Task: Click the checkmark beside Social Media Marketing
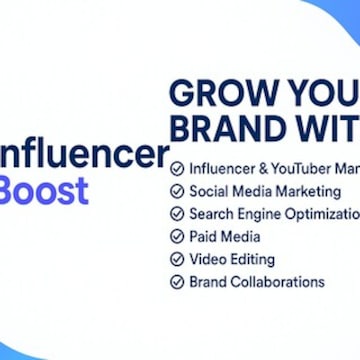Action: pyautogui.click(x=177, y=191)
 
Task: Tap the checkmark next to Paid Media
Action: pyautogui.click(x=177, y=237)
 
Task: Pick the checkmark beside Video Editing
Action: pyautogui.click(x=177, y=259)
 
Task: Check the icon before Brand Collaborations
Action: pyautogui.click(x=177, y=282)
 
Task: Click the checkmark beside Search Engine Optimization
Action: pyautogui.click(x=177, y=214)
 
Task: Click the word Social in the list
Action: pyautogui.click(x=210, y=191)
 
